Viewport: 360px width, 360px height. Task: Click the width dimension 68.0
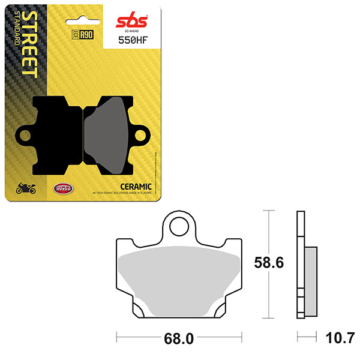181,339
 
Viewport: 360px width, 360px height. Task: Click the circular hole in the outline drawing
178,226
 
